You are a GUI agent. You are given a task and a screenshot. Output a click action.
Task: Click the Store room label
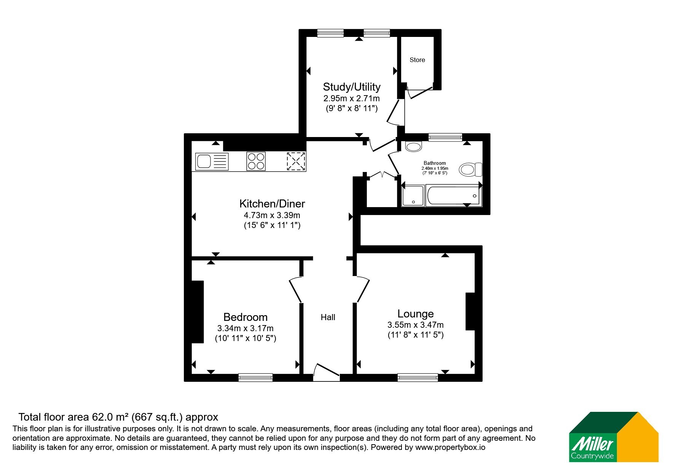coord(417,60)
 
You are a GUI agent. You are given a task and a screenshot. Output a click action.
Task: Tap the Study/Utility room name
coord(352,87)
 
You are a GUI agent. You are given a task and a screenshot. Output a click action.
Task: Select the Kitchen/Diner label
coord(272,204)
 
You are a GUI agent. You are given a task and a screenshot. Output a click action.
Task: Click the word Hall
coord(328,317)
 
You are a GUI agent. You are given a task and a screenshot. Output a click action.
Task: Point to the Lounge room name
coord(416,314)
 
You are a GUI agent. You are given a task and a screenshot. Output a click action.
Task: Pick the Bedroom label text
coord(245,317)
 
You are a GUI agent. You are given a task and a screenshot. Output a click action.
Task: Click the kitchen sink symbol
coord(212,161)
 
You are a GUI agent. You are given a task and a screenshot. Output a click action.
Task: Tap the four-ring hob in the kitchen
coord(256,161)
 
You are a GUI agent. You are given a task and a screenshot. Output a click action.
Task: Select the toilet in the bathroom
coord(471,169)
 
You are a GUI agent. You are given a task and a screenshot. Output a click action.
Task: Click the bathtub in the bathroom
coord(453,196)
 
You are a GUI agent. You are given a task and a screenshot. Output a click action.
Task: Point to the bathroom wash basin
coord(414,147)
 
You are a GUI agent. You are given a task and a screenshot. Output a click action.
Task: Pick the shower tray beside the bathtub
coord(413,196)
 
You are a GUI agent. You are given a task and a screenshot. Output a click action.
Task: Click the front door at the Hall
coord(326,372)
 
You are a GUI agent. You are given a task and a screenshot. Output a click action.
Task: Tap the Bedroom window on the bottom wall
coord(255,377)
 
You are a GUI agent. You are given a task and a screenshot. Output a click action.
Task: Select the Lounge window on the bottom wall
coord(417,377)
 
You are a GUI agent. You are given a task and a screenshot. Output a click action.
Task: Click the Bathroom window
coord(445,137)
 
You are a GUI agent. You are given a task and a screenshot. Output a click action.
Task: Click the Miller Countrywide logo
coord(613,437)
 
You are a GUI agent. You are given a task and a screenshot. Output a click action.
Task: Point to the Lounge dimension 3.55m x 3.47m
coord(416,325)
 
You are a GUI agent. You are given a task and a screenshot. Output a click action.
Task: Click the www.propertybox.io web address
coord(450,448)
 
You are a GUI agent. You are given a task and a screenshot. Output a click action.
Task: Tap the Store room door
coord(420,92)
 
